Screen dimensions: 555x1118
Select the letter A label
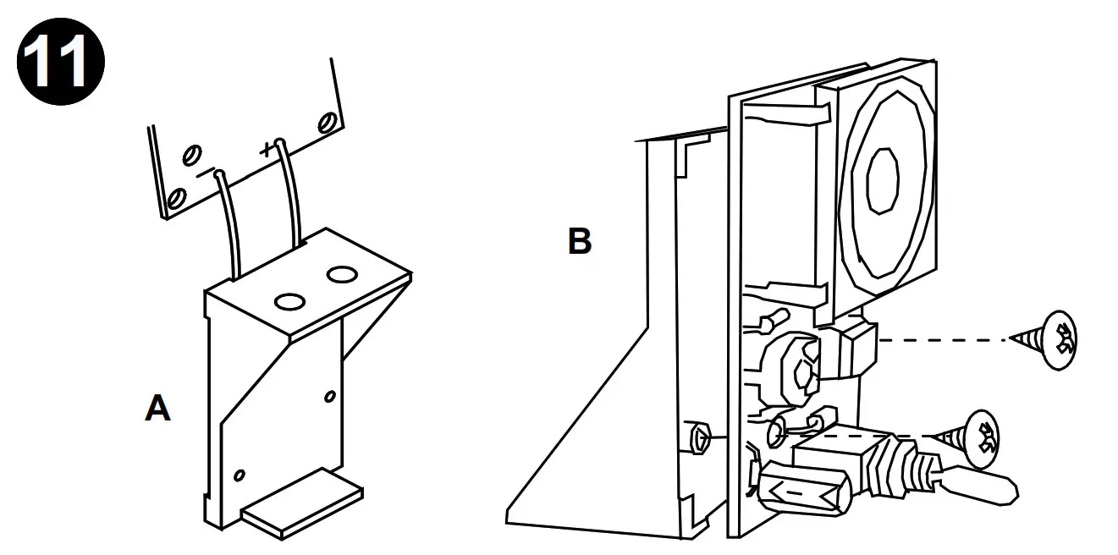point(157,409)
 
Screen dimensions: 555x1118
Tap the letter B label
point(579,242)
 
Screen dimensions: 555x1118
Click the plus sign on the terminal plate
point(267,151)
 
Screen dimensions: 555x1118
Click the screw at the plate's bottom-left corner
point(177,199)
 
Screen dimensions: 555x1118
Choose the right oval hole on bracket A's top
point(342,274)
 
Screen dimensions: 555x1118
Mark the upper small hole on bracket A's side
point(329,396)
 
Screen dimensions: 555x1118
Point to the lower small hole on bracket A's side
point(240,475)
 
